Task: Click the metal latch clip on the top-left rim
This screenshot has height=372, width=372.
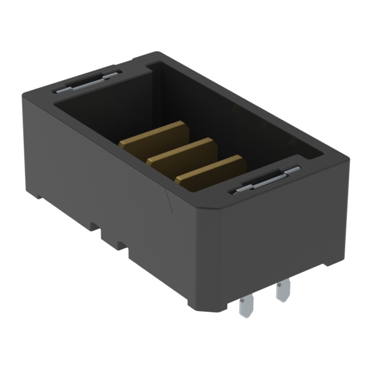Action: [x=87, y=81]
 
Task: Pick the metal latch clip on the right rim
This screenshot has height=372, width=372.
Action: [x=265, y=180]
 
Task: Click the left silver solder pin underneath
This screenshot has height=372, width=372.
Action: [x=246, y=305]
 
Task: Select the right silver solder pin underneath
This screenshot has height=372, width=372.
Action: [x=283, y=290]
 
